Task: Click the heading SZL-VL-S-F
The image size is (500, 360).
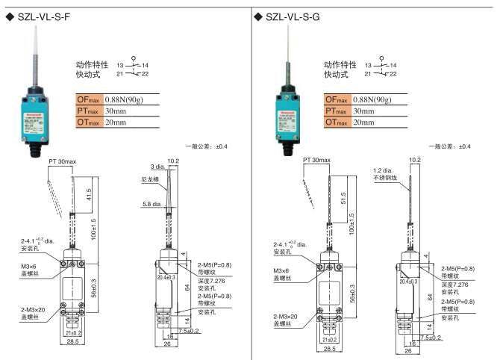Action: tap(45, 16)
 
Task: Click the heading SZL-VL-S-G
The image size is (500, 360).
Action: tap(296, 16)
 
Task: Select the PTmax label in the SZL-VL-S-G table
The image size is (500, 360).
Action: tap(337, 111)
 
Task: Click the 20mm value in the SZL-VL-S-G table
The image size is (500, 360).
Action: tap(365, 122)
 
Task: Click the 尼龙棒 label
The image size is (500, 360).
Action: tap(152, 180)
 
